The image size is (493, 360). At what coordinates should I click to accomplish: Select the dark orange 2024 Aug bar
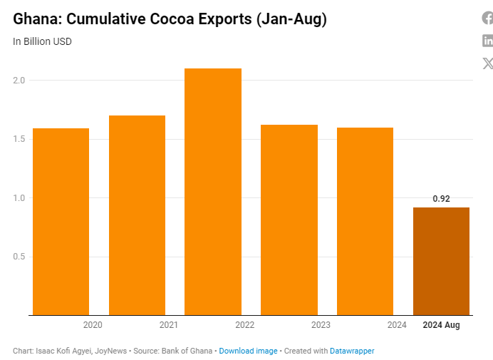[441, 261]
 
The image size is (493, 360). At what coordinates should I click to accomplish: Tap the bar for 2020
[61, 221]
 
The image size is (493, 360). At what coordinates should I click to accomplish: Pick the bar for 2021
[137, 215]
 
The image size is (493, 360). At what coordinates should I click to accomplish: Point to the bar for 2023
[289, 220]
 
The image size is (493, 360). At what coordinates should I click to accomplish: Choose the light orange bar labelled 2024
[365, 221]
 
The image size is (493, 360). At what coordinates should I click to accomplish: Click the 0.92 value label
[441, 199]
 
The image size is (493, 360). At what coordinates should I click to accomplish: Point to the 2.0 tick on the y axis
[19, 81]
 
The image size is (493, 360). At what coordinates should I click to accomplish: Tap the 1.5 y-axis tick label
[19, 139]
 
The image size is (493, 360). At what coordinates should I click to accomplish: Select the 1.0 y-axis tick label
[19, 198]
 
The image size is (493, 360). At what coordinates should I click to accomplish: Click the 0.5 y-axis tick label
[19, 257]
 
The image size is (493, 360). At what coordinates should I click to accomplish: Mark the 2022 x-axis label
[244, 325]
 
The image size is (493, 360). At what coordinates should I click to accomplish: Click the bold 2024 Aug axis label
[441, 325]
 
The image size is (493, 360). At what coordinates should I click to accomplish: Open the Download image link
[248, 351]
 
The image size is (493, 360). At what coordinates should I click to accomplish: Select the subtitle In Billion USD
[42, 41]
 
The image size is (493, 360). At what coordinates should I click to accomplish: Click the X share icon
[488, 63]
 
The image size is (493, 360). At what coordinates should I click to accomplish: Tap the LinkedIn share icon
[488, 41]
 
